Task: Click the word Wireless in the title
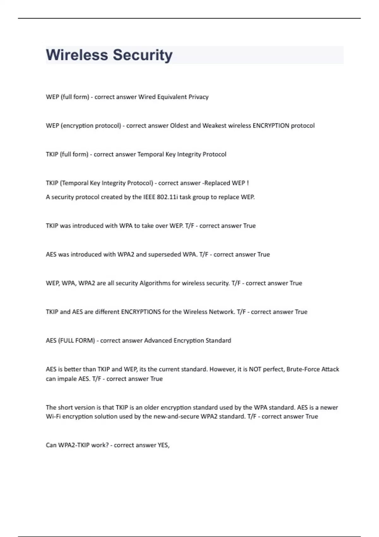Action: (x=77, y=55)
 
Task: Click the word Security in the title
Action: (x=143, y=55)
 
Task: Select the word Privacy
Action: (x=198, y=97)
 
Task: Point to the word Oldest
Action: (x=179, y=126)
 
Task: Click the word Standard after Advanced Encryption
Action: (x=218, y=341)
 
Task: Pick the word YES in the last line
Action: (x=163, y=445)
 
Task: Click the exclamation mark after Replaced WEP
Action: (x=248, y=183)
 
